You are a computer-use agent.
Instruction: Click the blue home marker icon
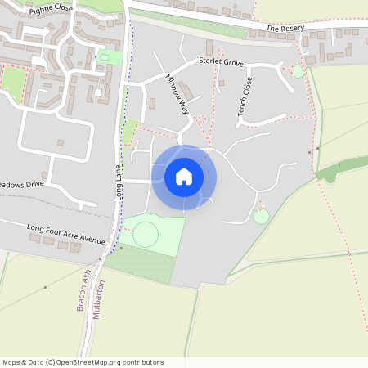pyautogui.click(x=184, y=177)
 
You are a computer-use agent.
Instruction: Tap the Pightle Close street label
pyautogui.click(x=50, y=9)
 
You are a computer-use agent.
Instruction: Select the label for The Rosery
pyautogui.click(x=285, y=29)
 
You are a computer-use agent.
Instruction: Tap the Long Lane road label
pyautogui.click(x=118, y=183)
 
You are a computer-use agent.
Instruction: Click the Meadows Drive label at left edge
pyautogui.click(x=20, y=185)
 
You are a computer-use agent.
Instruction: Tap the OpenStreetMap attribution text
pyautogui.click(x=83, y=362)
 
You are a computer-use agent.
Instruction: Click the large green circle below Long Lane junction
pyautogui.click(x=146, y=235)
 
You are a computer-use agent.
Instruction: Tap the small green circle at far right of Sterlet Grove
pyautogui.click(x=297, y=72)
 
